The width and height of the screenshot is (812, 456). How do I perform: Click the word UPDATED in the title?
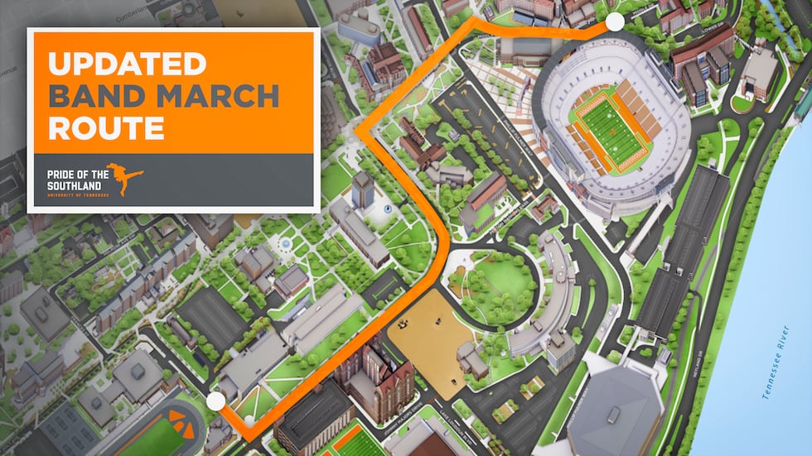pos(127,64)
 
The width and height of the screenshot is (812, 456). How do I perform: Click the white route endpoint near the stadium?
pos(615,22)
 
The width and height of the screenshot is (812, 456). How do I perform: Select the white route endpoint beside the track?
pos(215,402)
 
